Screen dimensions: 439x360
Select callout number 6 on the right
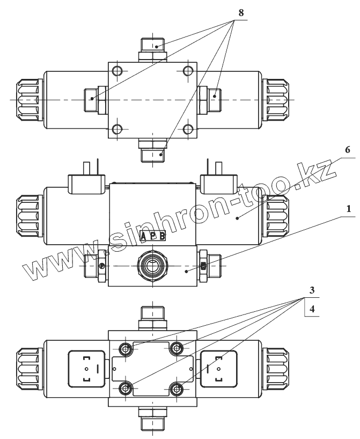pos(332,151)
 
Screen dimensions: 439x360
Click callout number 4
pos(312,309)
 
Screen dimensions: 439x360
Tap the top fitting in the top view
pos(153,49)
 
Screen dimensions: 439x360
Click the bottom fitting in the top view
pos(153,151)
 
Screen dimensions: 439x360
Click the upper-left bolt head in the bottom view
pos(126,349)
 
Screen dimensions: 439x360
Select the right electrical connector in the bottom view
pos(219,368)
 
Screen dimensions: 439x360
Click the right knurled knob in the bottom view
pos(277,368)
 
